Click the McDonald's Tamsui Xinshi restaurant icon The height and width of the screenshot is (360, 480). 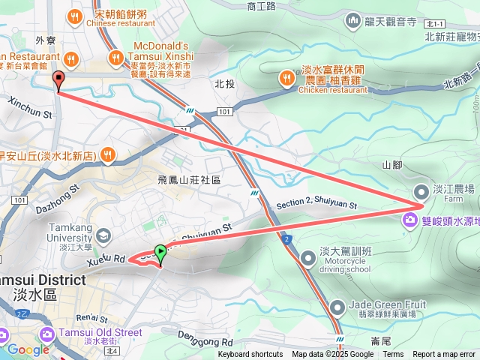(x=115, y=57)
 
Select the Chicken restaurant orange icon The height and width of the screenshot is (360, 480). (x=287, y=77)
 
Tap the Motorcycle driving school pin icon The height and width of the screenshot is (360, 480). (x=308, y=259)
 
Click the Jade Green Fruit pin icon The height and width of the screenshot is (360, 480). (x=337, y=306)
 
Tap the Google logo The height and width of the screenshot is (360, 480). (x=28, y=349)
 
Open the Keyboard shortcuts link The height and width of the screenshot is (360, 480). (x=250, y=355)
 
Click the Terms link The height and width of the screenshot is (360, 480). (x=393, y=355)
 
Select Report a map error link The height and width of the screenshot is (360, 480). (x=444, y=355)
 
